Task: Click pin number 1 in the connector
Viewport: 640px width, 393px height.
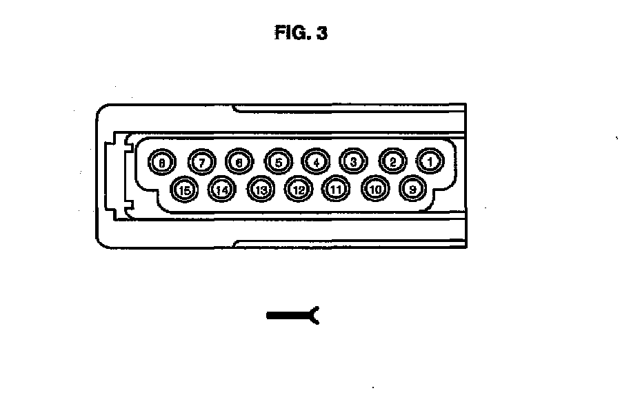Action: point(430,161)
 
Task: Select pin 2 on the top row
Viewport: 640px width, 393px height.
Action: point(392,161)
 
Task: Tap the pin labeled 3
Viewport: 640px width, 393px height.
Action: point(353,161)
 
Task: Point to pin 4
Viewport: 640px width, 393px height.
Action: point(315,161)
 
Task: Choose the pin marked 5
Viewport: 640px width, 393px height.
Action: point(278,161)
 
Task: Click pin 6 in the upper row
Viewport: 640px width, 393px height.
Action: point(239,161)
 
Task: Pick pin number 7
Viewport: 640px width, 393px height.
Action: point(201,161)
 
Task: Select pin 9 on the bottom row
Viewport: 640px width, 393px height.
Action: point(412,188)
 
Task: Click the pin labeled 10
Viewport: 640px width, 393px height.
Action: point(375,188)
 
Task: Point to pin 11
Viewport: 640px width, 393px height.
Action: point(337,188)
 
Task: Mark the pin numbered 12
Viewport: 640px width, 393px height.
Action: point(298,188)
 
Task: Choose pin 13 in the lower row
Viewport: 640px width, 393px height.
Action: point(260,188)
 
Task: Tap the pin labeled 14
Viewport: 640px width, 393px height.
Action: point(222,188)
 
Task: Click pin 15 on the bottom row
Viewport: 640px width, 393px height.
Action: point(184,188)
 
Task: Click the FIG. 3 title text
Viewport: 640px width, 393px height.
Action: point(300,33)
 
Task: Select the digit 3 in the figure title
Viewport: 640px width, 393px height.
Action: point(321,33)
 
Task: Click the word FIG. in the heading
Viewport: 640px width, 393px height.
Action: point(290,33)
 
